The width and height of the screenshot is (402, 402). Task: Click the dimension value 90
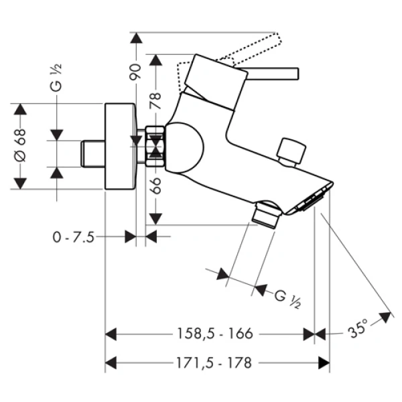pyautogui.click(x=134, y=69)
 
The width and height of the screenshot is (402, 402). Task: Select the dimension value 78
pyautogui.click(x=155, y=100)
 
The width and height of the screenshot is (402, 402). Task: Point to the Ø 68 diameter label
pyautogui.click(x=21, y=146)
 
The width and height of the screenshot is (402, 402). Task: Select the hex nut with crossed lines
pyautogui.click(x=155, y=145)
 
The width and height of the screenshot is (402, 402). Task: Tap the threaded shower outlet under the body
pyautogui.click(x=267, y=214)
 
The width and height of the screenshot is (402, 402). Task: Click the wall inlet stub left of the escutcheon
pyautogui.click(x=92, y=154)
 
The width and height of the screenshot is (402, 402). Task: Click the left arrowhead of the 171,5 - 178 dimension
pyautogui.click(x=111, y=362)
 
